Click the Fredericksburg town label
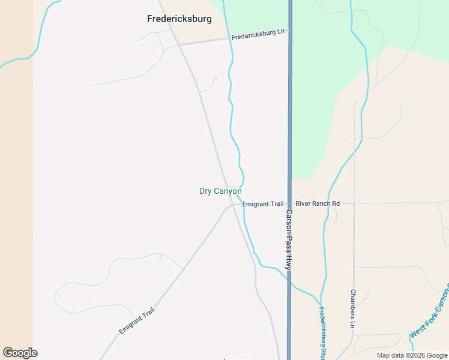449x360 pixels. click(x=179, y=19)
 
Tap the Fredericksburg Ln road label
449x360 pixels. click(x=258, y=35)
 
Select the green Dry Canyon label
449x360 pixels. click(x=220, y=191)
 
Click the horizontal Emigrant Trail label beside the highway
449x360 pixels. click(x=263, y=204)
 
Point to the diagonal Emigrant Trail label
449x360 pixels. click(x=136, y=321)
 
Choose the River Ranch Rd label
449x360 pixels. click(x=318, y=204)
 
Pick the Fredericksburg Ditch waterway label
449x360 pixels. click(x=322, y=334)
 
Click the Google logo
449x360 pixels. click(x=20, y=353)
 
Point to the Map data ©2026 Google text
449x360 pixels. click(x=412, y=355)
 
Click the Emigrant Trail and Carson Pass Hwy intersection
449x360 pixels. click(x=289, y=204)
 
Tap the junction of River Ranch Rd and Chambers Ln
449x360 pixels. click(x=354, y=203)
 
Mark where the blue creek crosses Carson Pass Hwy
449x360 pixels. click(x=289, y=277)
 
